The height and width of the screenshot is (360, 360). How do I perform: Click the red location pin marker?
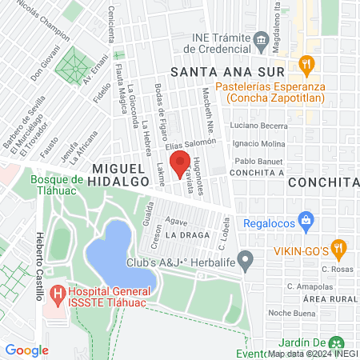pyautogui.click(x=180, y=164)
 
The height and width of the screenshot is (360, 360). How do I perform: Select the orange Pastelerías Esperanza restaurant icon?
pyautogui.click(x=305, y=64)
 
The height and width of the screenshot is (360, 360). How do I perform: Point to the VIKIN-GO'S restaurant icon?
pyautogui.click(x=340, y=249)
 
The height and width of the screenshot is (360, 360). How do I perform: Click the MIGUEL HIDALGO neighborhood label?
pyautogui.click(x=121, y=175)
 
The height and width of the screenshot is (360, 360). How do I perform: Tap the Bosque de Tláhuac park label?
pyautogui.click(x=62, y=186)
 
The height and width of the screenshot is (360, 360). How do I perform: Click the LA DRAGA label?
pyautogui.click(x=187, y=235)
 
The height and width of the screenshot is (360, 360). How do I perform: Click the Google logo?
pyautogui.click(x=26, y=350)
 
